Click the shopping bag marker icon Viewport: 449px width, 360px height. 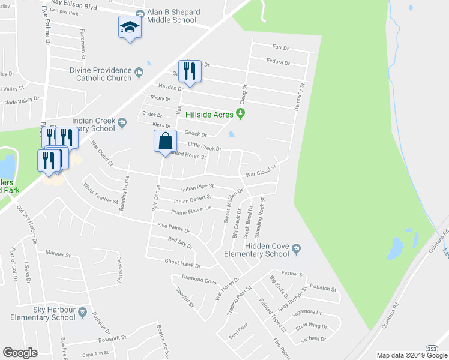point(166,142)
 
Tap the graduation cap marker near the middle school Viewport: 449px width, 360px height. point(130,27)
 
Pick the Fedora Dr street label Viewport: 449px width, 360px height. point(279,62)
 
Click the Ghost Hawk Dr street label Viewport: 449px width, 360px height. point(182,263)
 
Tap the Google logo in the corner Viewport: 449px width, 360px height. point(20,353)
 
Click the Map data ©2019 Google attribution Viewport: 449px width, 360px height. point(411,355)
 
